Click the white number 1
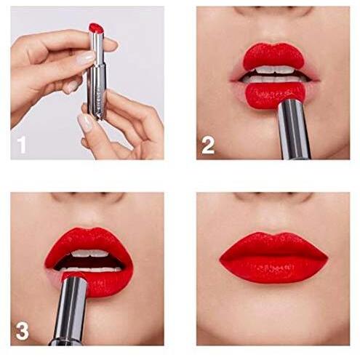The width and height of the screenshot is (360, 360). point(22,145)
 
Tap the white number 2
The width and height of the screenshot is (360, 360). point(208,145)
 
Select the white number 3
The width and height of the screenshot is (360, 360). point(23,331)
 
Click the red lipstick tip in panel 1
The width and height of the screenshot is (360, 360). point(97,28)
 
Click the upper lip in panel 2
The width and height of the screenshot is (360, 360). point(273,56)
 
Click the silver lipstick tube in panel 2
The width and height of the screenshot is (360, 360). point(294,129)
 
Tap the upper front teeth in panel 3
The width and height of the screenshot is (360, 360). point(90,253)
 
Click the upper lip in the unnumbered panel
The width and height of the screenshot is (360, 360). point(273,245)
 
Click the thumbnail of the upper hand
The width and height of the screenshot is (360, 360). point(86,58)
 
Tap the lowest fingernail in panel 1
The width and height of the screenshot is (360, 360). point(85,121)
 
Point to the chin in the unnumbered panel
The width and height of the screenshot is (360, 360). point(273,322)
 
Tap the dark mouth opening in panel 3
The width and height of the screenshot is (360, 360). point(89,262)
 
